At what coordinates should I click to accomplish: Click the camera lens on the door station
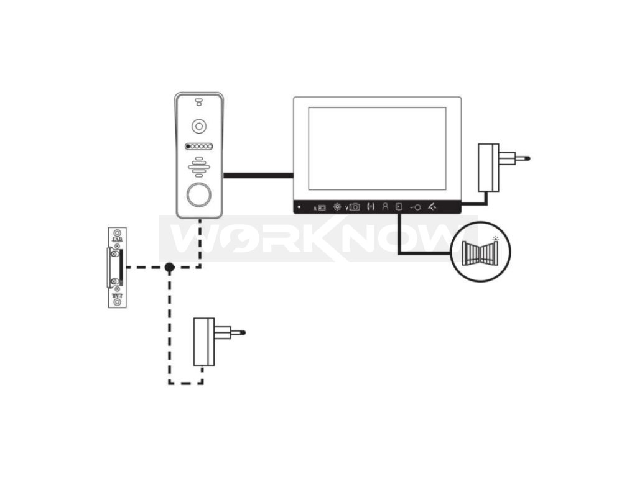[198, 126]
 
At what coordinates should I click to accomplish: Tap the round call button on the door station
[198, 194]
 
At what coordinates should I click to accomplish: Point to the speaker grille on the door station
[198, 166]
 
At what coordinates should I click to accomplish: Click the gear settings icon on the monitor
[337, 207]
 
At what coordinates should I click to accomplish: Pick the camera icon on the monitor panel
[355, 207]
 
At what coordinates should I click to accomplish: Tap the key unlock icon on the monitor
[415, 207]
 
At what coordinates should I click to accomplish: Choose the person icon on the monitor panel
[385, 207]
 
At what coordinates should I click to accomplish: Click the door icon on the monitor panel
[399, 207]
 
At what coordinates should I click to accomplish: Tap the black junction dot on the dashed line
[169, 268]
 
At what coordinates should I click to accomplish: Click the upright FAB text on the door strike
[116, 239]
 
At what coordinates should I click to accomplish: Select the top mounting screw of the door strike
[116, 232]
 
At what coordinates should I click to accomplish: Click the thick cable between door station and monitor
[258, 176]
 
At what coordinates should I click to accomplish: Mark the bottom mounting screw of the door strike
[116, 302]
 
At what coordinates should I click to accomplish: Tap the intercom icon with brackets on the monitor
[371, 207]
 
